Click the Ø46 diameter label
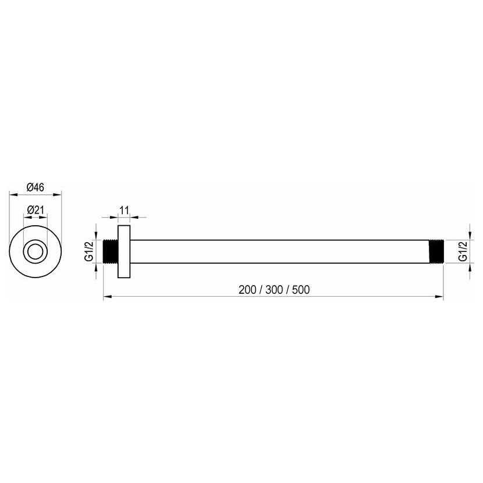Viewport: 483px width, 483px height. click(x=35, y=187)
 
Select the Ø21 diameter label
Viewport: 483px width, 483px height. click(x=35, y=210)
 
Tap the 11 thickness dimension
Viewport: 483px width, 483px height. click(x=124, y=211)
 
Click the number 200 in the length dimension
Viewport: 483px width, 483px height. click(x=247, y=290)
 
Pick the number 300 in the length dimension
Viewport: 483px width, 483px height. click(x=274, y=290)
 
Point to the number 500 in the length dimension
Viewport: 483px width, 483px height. click(x=301, y=290)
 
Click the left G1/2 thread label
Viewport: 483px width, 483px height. click(x=88, y=251)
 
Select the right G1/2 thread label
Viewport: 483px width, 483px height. click(x=463, y=251)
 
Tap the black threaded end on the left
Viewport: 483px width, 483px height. click(x=111, y=251)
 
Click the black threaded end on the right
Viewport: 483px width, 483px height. click(x=436, y=251)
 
